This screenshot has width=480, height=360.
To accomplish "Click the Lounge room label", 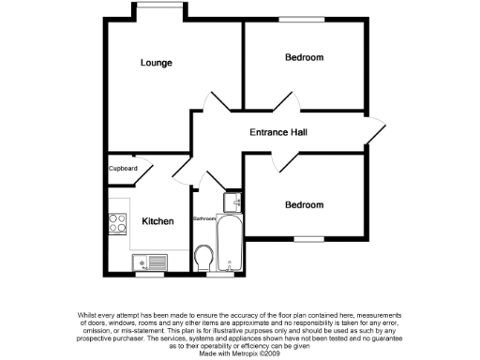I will (x=157, y=64).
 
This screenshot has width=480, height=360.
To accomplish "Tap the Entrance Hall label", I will (x=277, y=132).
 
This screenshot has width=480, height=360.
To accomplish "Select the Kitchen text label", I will (x=157, y=221).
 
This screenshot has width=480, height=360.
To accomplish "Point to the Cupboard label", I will (x=123, y=169).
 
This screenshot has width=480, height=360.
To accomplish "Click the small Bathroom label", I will (x=204, y=218).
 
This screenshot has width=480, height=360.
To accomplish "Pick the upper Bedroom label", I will (x=304, y=58).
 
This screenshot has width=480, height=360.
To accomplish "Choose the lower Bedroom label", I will (x=304, y=204).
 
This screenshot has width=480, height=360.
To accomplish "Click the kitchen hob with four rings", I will (x=119, y=223).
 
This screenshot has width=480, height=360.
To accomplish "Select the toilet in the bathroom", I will (x=203, y=256).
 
